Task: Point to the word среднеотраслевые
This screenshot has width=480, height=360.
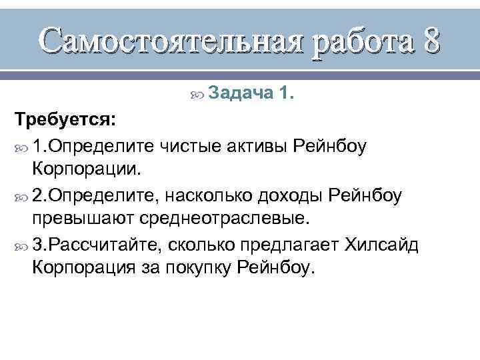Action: [223, 219]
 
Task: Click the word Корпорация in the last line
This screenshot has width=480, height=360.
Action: [83, 269]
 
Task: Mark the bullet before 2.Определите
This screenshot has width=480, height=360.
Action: [20, 195]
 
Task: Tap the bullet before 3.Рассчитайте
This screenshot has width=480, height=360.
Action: [20, 245]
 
